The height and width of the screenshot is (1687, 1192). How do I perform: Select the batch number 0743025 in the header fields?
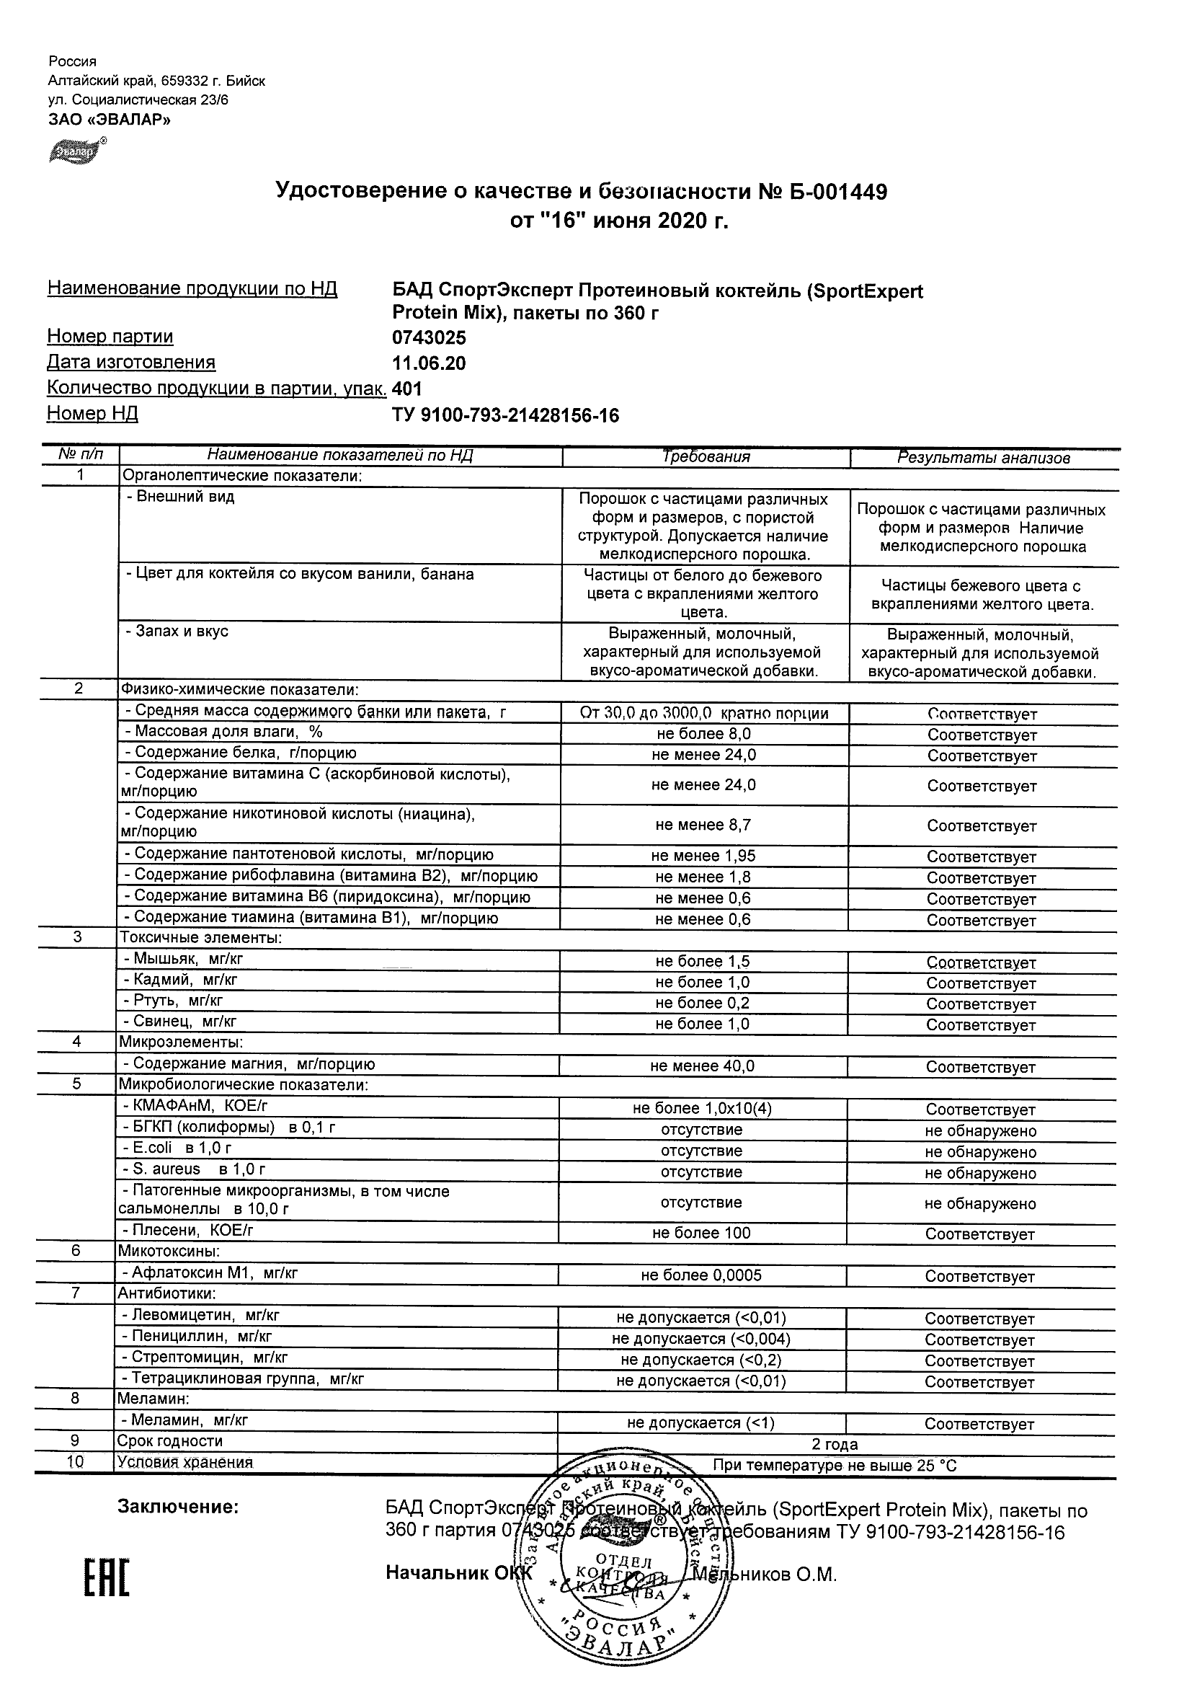pyautogui.click(x=429, y=338)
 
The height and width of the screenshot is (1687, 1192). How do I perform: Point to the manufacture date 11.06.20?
pyautogui.click(x=429, y=363)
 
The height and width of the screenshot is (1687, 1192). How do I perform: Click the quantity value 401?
pyautogui.click(x=408, y=389)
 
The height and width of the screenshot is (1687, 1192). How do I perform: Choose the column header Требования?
pyautogui.click(x=706, y=457)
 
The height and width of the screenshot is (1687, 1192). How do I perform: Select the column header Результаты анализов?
pyautogui.click(x=984, y=458)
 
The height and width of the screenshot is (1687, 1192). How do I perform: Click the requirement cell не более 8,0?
pyautogui.click(x=703, y=734)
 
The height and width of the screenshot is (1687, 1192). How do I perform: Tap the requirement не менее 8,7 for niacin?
pyautogui.click(x=703, y=825)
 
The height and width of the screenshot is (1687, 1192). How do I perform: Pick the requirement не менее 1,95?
pyautogui.click(x=703, y=856)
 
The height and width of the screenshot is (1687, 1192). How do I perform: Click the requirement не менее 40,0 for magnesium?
pyautogui.click(x=702, y=1066)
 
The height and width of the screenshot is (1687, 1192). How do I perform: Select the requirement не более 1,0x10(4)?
pyautogui.click(x=702, y=1109)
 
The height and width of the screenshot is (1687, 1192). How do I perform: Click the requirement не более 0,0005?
pyautogui.click(x=701, y=1276)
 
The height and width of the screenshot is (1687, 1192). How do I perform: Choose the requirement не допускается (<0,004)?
pyautogui.click(x=701, y=1340)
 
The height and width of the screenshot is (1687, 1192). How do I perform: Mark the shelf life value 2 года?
pyautogui.click(x=835, y=1445)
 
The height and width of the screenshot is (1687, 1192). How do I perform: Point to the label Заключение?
pyautogui.click(x=179, y=1507)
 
